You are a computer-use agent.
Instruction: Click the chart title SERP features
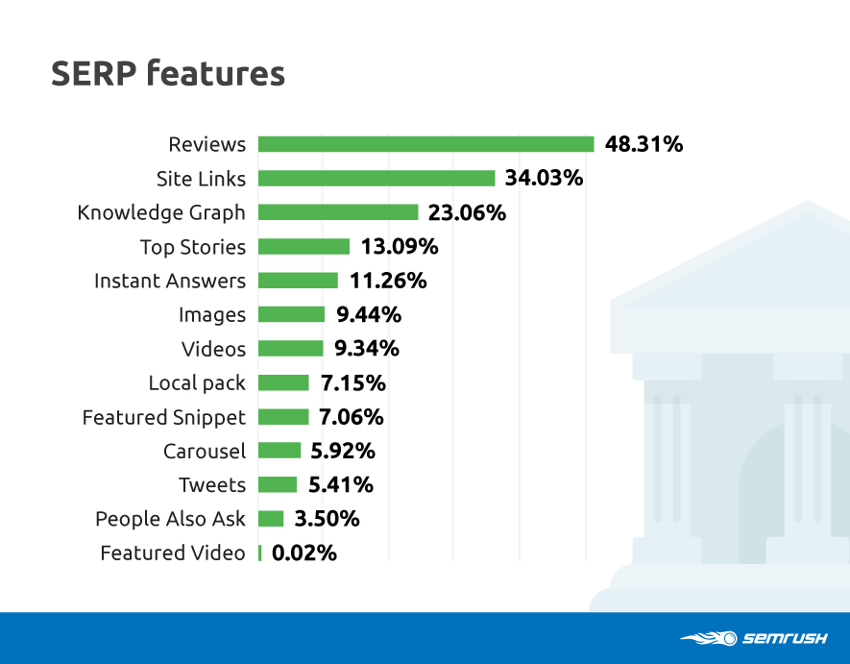pyautogui.click(x=168, y=73)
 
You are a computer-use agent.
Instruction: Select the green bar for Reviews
pyautogui.click(x=426, y=144)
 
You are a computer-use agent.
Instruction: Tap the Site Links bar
pyautogui.click(x=376, y=179)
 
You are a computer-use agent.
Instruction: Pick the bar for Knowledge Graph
pyautogui.click(x=338, y=212)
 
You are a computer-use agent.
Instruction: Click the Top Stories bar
pyautogui.click(x=304, y=246)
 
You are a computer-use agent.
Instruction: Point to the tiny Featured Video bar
pyautogui.click(x=260, y=553)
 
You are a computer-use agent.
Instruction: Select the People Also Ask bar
pyautogui.click(x=271, y=519)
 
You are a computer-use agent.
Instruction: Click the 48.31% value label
pyautogui.click(x=644, y=144)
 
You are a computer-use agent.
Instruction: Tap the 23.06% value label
pyautogui.click(x=468, y=212)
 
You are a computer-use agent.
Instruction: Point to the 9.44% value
pyautogui.click(x=369, y=314)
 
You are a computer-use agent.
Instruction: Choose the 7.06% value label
pyautogui.click(x=352, y=417)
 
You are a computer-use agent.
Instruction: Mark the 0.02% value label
pyautogui.click(x=304, y=553)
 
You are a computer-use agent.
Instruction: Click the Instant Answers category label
pyautogui.click(x=170, y=281)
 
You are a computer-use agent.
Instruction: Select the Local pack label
pyautogui.click(x=197, y=383)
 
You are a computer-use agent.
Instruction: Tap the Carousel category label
pyautogui.click(x=205, y=452)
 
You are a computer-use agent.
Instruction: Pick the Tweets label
pyautogui.click(x=212, y=485)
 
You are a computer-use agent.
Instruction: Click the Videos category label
pyautogui.click(x=213, y=350)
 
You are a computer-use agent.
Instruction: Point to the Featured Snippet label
pyautogui.click(x=163, y=418)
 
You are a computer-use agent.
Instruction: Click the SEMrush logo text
pyautogui.click(x=785, y=638)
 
